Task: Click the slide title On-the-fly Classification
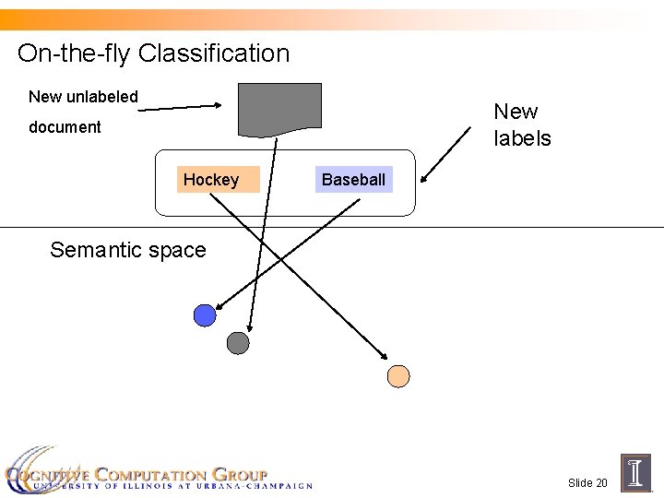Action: (153, 53)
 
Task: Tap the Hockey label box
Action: (211, 180)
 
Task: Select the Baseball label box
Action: (353, 180)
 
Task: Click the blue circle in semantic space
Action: (205, 315)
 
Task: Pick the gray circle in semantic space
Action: (238, 343)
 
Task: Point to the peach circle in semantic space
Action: (397, 375)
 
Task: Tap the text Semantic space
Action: (128, 250)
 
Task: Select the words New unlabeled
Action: (83, 97)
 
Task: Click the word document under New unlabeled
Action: (65, 127)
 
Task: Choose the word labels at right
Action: (522, 139)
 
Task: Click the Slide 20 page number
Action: (587, 483)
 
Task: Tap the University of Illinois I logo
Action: (635, 472)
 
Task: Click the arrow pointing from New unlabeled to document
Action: (180, 108)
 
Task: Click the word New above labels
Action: (516, 112)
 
